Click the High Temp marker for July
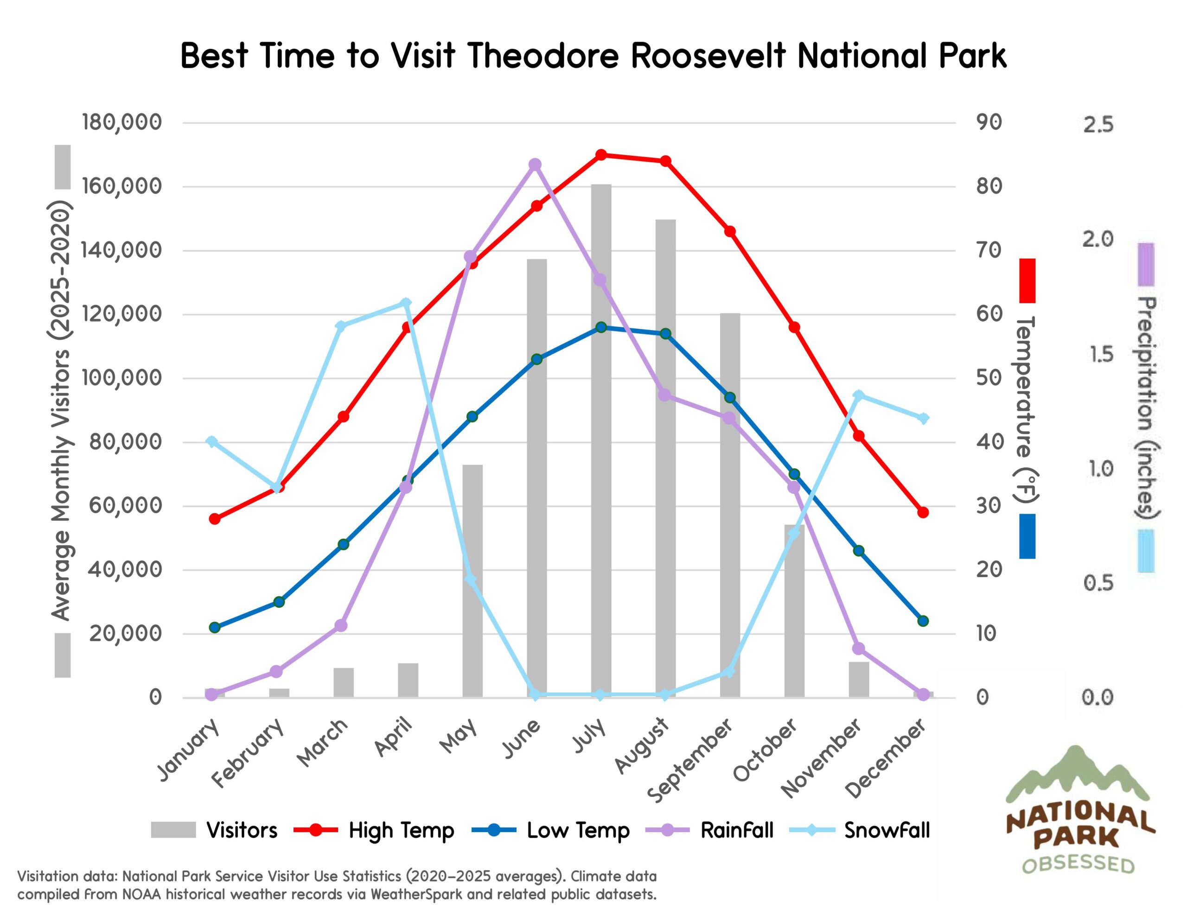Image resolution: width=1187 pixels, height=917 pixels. [601, 155]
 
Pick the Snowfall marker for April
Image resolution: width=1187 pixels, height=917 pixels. [406, 303]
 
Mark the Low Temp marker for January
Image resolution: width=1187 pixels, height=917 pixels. [215, 627]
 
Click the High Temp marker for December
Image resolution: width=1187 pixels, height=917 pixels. [923, 513]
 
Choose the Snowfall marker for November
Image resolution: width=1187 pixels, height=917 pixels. [858, 395]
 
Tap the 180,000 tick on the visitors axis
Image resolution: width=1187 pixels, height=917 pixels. [122, 122]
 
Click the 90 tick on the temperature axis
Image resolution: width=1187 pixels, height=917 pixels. [989, 122]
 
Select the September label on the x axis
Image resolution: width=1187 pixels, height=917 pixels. [691, 761]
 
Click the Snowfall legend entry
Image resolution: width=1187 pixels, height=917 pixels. [887, 830]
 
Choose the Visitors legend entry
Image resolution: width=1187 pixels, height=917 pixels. [242, 830]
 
